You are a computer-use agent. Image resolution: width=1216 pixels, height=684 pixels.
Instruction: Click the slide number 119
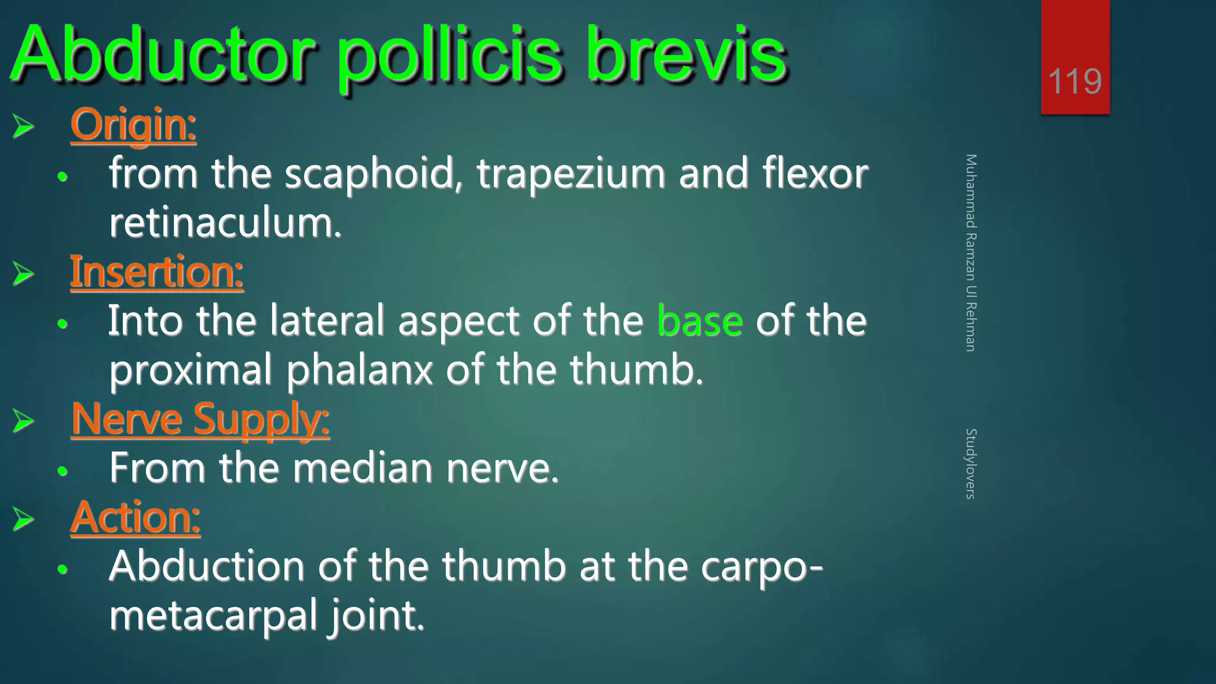1075,81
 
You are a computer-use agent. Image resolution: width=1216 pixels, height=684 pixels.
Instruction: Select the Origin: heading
133,125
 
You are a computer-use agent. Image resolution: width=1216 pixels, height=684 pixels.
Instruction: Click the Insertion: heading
157,272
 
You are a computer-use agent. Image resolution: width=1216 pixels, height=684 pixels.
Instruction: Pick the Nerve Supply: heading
200,420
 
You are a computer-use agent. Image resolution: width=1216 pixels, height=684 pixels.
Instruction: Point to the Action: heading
135,517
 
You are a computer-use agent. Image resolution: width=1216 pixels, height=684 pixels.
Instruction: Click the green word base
699,321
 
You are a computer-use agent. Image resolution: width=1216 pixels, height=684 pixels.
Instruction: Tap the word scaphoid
369,174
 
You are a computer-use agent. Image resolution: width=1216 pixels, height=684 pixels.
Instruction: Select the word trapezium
571,174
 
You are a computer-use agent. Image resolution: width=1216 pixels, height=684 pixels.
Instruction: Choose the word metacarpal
214,616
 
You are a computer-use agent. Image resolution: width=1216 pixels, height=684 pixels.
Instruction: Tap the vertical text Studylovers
970,463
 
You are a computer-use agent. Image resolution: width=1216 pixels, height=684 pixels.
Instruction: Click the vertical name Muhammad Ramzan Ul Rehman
970,252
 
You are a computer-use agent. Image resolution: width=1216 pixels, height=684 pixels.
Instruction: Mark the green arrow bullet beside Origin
23,126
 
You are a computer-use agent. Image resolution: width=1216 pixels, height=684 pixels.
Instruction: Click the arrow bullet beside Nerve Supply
23,421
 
